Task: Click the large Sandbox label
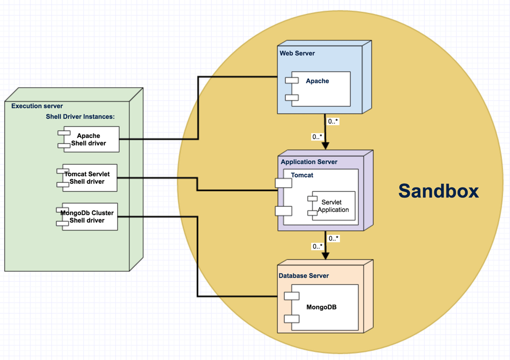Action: coord(439,191)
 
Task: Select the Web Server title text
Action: coord(297,53)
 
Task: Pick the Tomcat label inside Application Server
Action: coord(302,175)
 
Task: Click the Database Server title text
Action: coord(304,276)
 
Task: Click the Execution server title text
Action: coord(37,106)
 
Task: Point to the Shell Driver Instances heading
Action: coord(80,117)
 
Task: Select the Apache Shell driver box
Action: coord(90,140)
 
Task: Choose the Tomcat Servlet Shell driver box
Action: coord(90,178)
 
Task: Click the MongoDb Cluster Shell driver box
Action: coord(90,217)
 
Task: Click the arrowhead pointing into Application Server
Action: coord(325,147)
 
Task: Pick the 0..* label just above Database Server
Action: coord(317,247)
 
